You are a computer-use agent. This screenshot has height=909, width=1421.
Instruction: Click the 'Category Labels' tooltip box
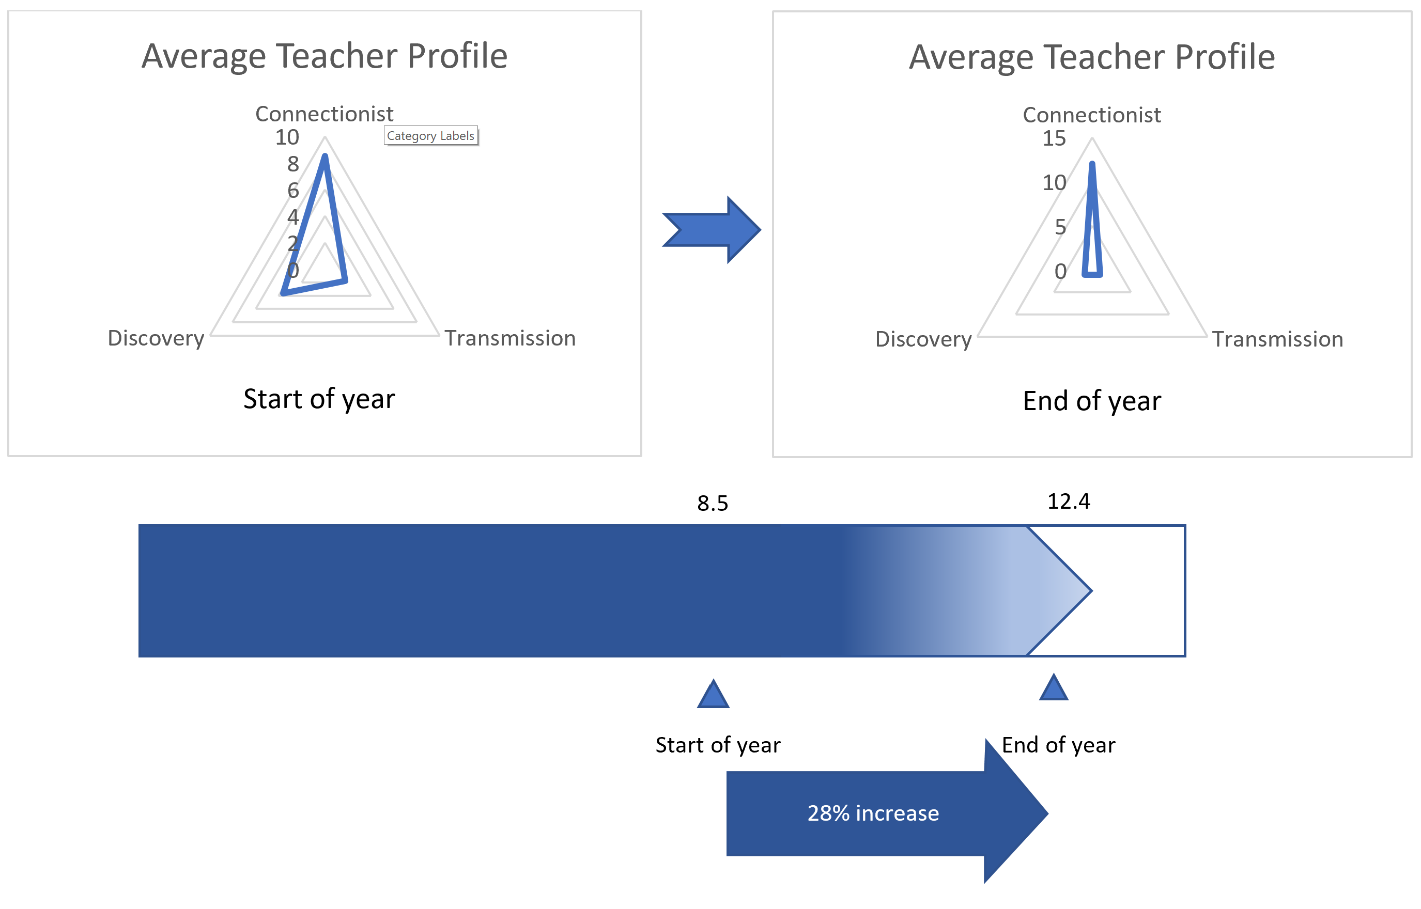[430, 136]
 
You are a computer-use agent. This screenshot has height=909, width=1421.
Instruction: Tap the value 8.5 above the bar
[713, 504]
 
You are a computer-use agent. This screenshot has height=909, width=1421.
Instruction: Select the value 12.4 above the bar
[1069, 501]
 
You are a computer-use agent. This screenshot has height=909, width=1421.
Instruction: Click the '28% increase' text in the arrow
[873, 813]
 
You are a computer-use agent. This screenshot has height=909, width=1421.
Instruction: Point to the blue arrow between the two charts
[712, 230]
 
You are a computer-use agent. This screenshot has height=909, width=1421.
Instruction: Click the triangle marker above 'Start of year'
[713, 694]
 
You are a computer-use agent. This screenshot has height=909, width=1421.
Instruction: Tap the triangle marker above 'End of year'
[1054, 687]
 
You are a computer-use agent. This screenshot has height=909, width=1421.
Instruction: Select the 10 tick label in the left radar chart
[287, 137]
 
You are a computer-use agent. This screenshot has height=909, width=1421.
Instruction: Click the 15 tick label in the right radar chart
[1055, 139]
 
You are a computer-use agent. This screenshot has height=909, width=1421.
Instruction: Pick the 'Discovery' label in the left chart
[156, 339]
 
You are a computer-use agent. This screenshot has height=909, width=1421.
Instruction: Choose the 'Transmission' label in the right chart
[1277, 339]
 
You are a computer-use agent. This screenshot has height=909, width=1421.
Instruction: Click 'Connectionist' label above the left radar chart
[324, 114]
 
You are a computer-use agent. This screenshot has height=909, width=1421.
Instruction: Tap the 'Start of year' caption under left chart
[319, 400]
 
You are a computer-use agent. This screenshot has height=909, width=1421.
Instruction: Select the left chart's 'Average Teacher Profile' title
[324, 57]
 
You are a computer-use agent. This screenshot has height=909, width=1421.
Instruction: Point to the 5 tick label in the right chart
[1060, 227]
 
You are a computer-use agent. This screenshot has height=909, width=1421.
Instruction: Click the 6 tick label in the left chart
[293, 191]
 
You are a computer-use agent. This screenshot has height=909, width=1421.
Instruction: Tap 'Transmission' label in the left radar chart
[510, 338]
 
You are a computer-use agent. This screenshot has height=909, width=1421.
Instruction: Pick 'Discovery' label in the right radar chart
[923, 340]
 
